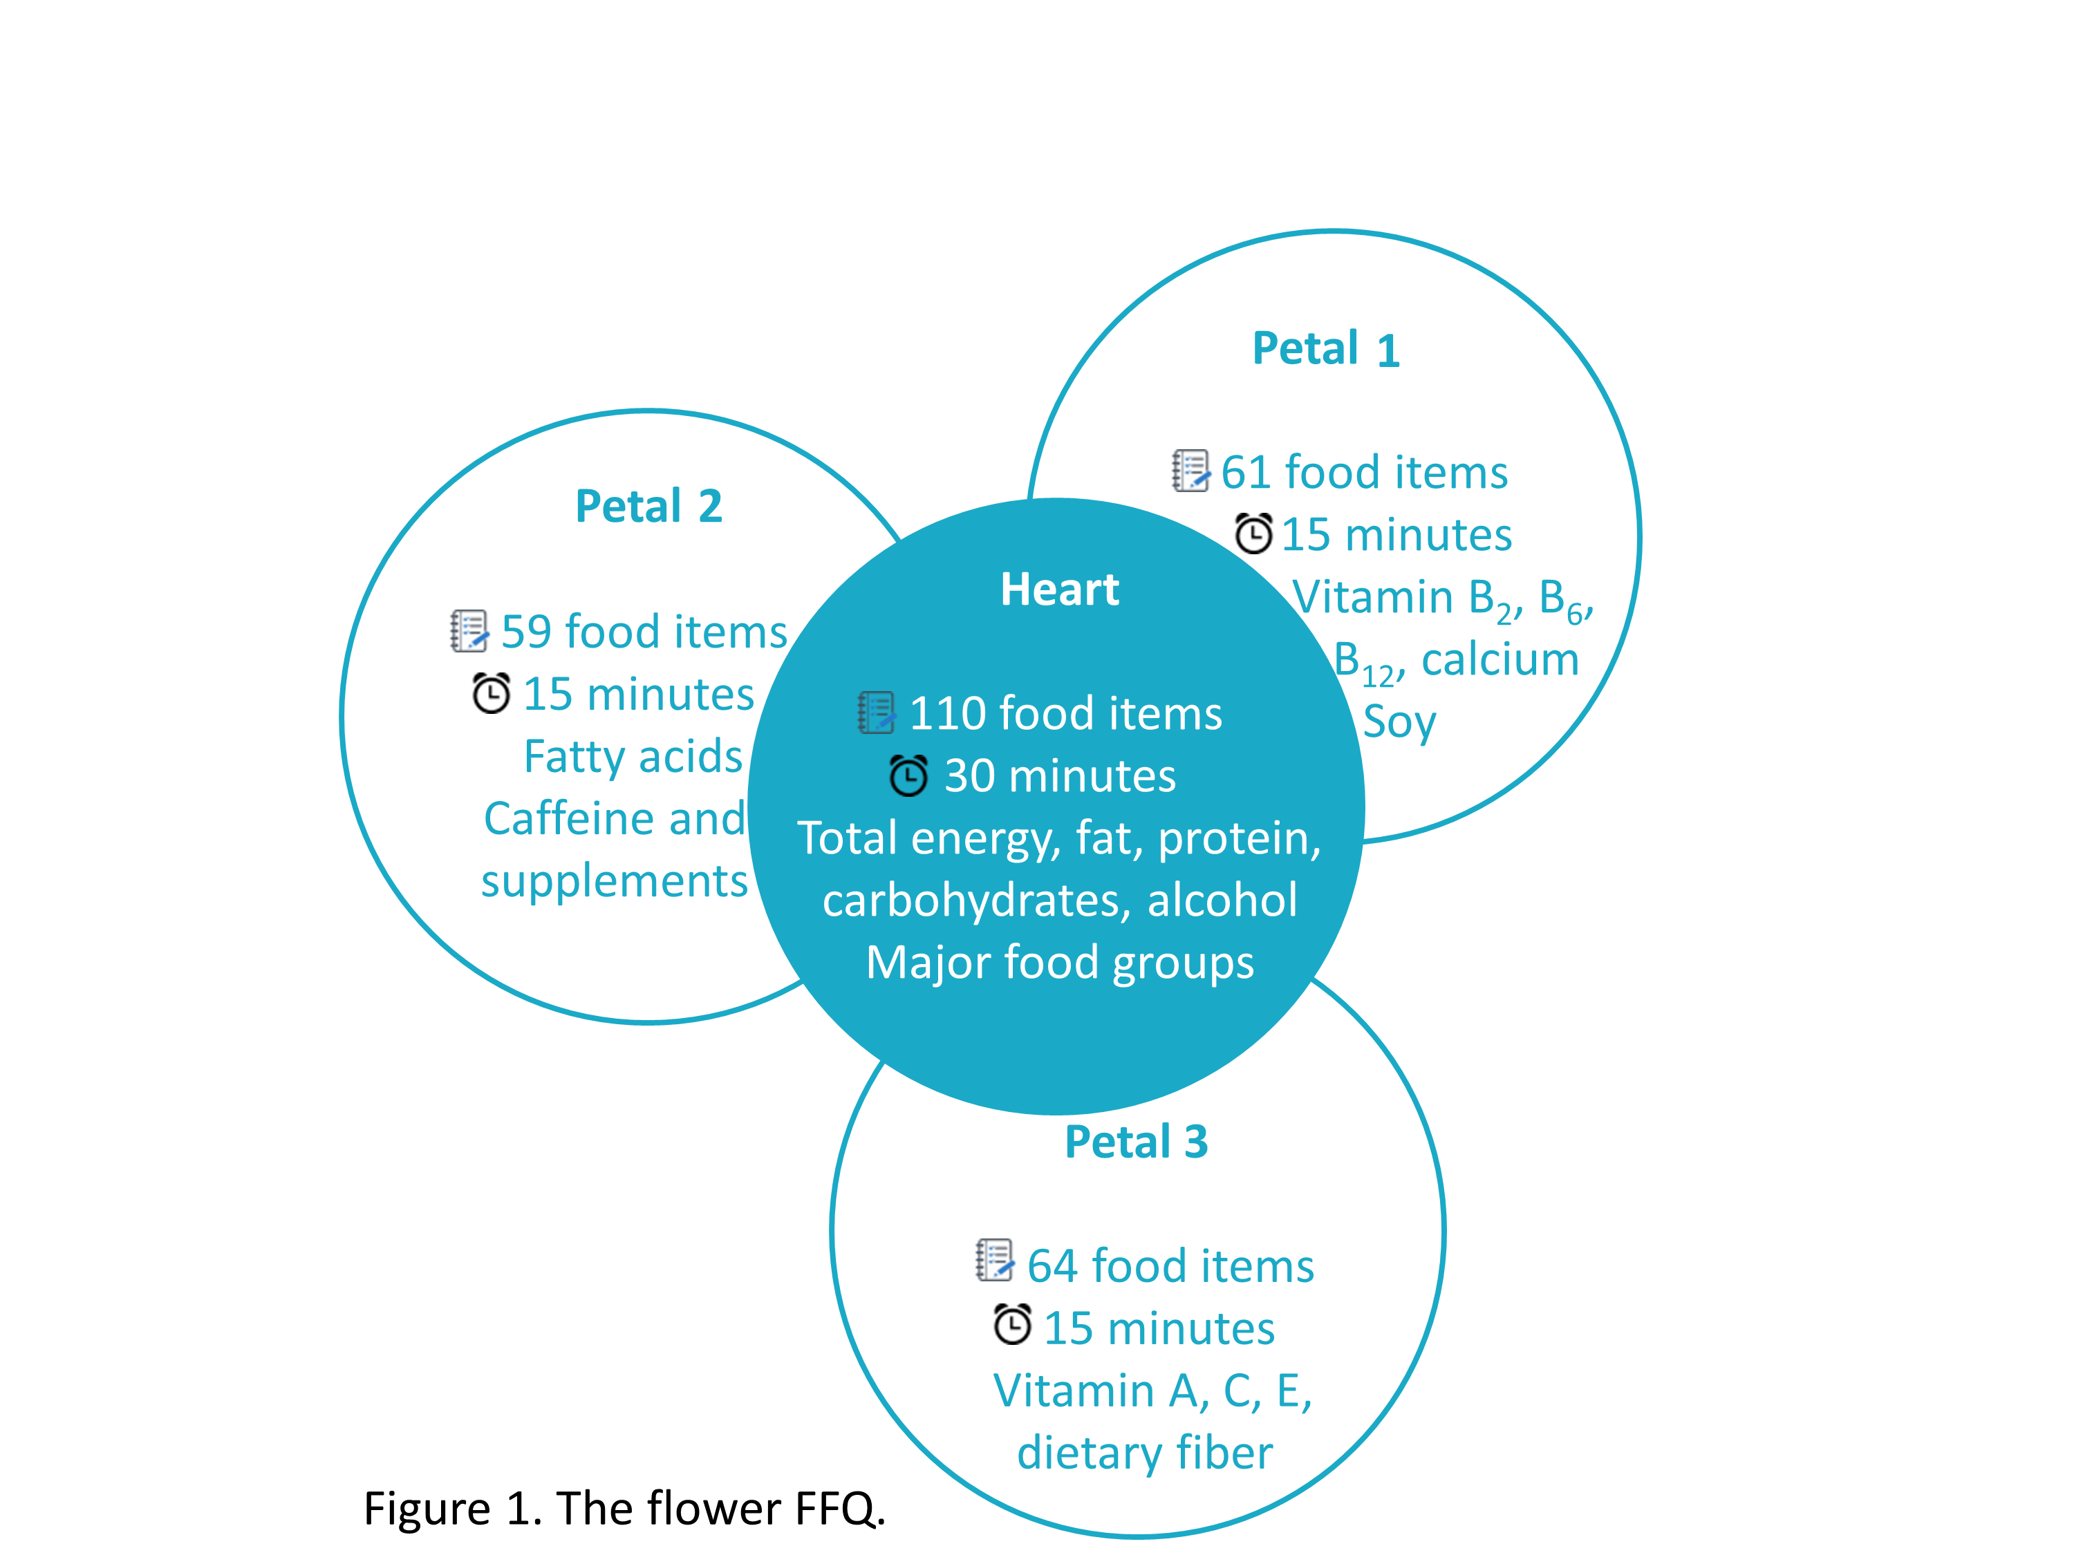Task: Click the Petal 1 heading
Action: pos(1326,349)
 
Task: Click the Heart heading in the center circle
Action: pos(1060,590)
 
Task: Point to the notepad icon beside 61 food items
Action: pos(1190,471)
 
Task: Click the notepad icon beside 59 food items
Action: pos(469,631)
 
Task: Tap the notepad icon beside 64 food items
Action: pos(994,1260)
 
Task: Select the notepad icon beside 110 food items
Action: pos(877,713)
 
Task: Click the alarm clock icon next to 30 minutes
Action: pos(908,775)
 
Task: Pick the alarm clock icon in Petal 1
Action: pos(1253,534)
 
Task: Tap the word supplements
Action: pos(614,881)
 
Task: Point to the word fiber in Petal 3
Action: pos(1224,1453)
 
